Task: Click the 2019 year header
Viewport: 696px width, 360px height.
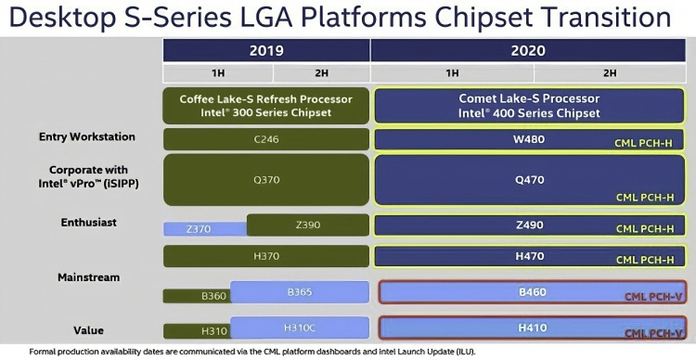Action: [266, 50]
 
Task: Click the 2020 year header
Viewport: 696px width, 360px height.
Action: [533, 50]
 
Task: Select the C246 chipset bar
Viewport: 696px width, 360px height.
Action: [266, 139]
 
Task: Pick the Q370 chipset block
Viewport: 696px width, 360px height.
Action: [266, 180]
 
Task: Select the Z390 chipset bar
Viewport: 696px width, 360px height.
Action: [308, 225]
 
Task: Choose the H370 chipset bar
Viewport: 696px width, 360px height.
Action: [266, 257]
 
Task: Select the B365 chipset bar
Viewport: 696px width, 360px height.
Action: [300, 291]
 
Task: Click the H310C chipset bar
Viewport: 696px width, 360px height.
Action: [300, 328]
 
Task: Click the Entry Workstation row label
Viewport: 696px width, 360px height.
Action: [87, 137]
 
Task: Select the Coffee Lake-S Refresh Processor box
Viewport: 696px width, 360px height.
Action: [266, 105]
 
